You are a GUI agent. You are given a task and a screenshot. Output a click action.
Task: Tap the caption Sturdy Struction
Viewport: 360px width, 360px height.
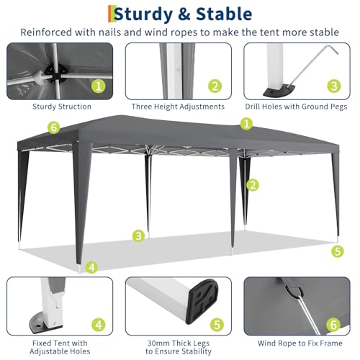pos(61,107)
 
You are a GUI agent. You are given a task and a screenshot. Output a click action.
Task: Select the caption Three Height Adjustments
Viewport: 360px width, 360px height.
pos(179,107)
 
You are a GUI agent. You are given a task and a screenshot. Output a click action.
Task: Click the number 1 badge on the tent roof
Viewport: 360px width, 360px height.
pos(247,125)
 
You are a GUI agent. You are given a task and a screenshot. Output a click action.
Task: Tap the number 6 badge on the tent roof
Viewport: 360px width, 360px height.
pos(52,128)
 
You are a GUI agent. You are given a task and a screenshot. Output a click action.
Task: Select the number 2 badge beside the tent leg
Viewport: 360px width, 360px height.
pos(252,185)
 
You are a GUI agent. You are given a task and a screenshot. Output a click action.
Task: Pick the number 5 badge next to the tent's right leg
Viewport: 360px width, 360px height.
pos(337,251)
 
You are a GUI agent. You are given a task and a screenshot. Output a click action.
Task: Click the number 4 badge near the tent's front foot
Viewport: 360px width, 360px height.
pos(91,268)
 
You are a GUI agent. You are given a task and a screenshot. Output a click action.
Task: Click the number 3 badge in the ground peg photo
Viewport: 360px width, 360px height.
pos(333,86)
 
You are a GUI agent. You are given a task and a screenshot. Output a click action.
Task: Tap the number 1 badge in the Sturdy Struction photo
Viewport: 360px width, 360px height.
pos(99,86)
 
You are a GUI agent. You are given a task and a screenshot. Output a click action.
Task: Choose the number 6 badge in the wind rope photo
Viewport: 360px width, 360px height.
pos(333,325)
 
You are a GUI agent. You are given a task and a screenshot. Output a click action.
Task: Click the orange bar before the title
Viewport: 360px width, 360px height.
pos(110,14)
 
